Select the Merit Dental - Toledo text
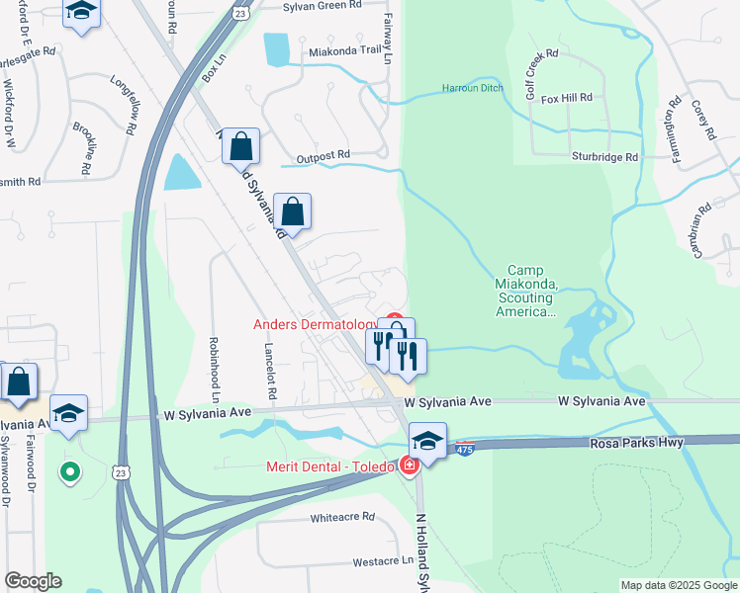pyautogui.click(x=328, y=466)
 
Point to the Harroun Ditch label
pyautogui.click(x=473, y=88)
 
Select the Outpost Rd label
pyautogui.click(x=324, y=155)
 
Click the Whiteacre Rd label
pyautogui.click(x=342, y=517)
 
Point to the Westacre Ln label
pyautogui.click(x=383, y=561)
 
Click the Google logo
pyautogui.click(x=33, y=581)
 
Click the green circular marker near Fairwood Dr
pyautogui.click(x=69, y=472)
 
